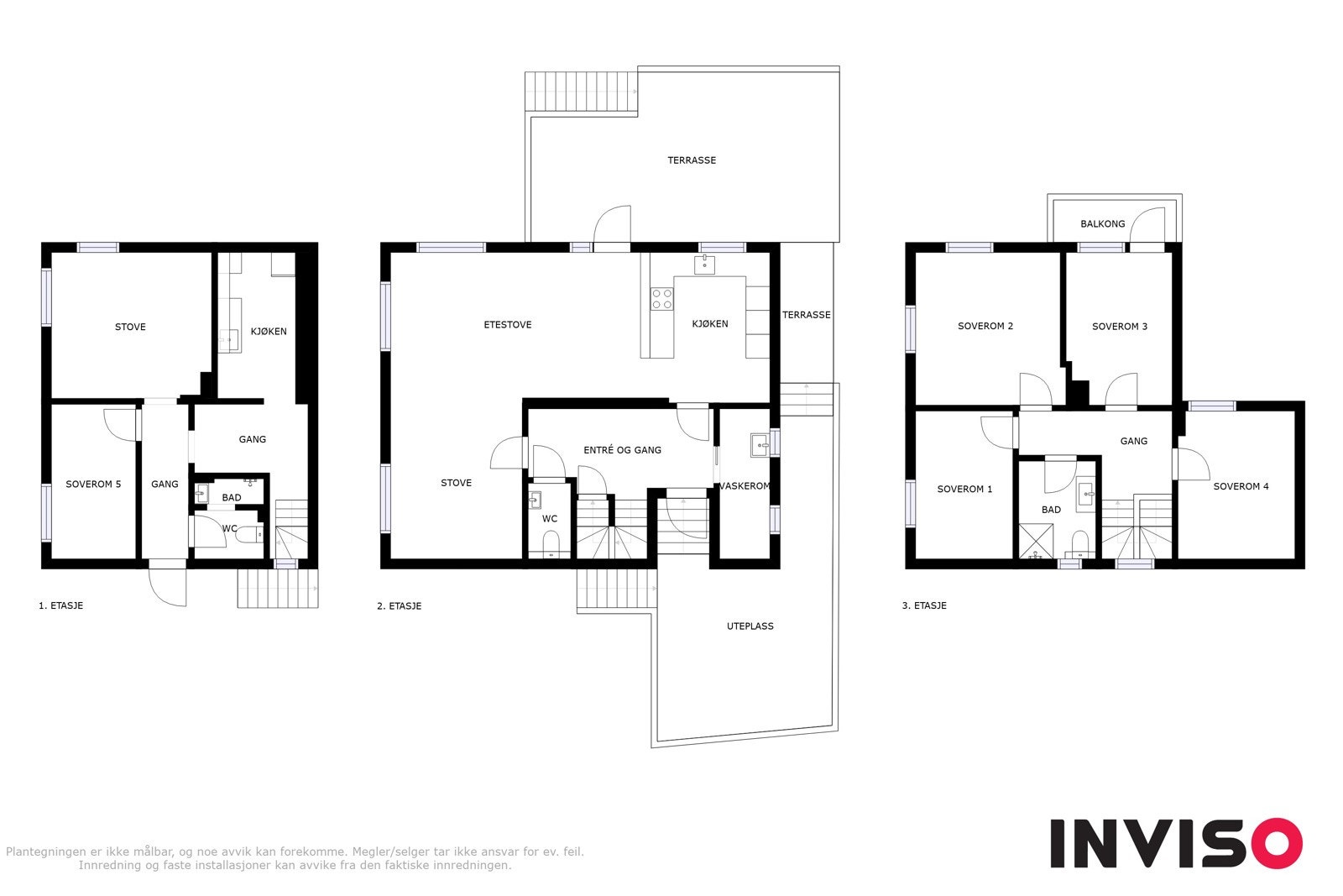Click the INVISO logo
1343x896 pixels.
(1175, 843)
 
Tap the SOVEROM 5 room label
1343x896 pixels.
(93, 485)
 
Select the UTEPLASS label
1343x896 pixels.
(750, 626)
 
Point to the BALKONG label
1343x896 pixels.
(1102, 224)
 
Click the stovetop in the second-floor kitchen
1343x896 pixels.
(661, 298)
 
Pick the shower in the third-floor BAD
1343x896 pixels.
(1034, 542)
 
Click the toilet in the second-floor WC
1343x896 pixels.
(551, 548)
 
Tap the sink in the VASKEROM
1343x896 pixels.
(760, 444)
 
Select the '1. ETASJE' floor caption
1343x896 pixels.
(60, 605)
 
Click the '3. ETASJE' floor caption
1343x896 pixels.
(923, 605)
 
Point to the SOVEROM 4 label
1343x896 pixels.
(1241, 486)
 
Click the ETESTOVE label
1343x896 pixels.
(507, 325)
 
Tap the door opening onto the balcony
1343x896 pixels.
(1148, 227)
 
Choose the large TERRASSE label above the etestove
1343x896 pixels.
(692, 160)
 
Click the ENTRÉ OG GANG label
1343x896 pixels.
(622, 450)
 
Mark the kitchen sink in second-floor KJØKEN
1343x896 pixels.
(704, 265)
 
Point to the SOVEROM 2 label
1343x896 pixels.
(985, 327)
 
